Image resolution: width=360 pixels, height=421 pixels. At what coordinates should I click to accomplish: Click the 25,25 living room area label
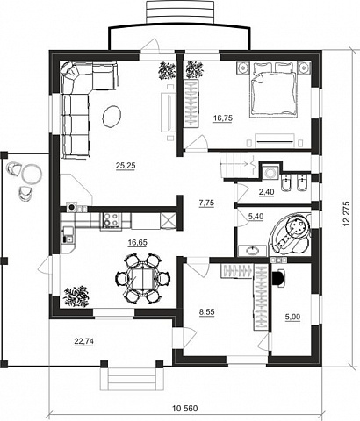click(126, 166)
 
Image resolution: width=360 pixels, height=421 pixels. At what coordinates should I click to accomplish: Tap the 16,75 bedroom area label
click(223, 118)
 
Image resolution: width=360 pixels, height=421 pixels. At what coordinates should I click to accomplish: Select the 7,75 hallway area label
click(206, 203)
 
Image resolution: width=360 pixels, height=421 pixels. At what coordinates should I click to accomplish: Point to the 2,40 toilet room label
click(266, 192)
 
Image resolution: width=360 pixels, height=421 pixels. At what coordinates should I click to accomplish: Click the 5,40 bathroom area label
click(256, 217)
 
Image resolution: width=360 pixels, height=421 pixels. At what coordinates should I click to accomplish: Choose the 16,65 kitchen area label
click(138, 242)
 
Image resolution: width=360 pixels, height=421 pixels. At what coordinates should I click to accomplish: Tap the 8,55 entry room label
click(207, 312)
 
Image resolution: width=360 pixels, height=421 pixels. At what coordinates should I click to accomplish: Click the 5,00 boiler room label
click(292, 317)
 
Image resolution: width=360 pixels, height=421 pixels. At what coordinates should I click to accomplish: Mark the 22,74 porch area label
click(84, 341)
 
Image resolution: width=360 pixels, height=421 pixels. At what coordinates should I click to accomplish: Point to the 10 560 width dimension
click(185, 409)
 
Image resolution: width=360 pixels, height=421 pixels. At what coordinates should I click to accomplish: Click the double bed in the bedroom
click(274, 90)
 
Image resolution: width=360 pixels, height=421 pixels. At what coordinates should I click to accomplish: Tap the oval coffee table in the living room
click(112, 117)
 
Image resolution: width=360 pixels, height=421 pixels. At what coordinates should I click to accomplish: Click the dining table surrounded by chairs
click(143, 278)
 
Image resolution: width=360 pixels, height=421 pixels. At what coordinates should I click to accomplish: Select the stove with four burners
click(112, 220)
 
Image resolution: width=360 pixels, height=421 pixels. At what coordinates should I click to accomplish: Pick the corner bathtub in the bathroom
click(291, 233)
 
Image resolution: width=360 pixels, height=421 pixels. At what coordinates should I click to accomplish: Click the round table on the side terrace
click(32, 174)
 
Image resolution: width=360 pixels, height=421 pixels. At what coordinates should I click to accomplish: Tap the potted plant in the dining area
click(76, 296)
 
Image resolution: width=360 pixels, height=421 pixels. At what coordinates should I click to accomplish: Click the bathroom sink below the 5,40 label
click(252, 251)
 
